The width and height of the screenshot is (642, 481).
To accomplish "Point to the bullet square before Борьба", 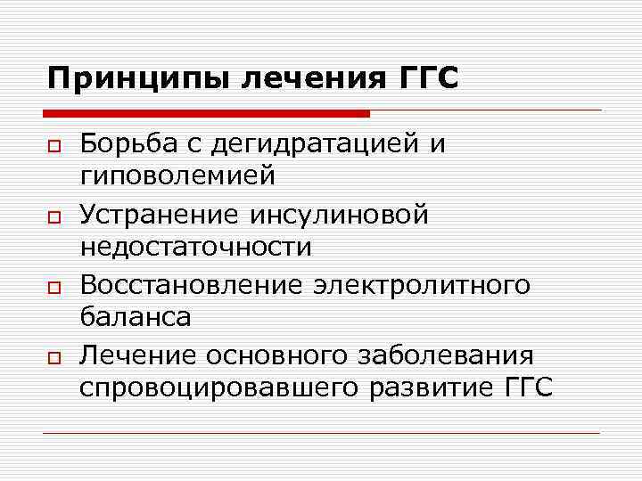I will point(53,145).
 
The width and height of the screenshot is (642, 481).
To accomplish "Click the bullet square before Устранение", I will point(53,216).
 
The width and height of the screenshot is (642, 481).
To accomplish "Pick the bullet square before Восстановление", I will point(53,288).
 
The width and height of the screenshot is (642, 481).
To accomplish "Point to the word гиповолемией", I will point(177,177).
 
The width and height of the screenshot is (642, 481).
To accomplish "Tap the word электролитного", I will point(422,286).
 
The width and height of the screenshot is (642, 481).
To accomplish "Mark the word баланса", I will point(135,317).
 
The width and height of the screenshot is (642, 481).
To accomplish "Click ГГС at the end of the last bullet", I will point(526,388).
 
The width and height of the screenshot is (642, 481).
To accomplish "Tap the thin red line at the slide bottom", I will point(321,434).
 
